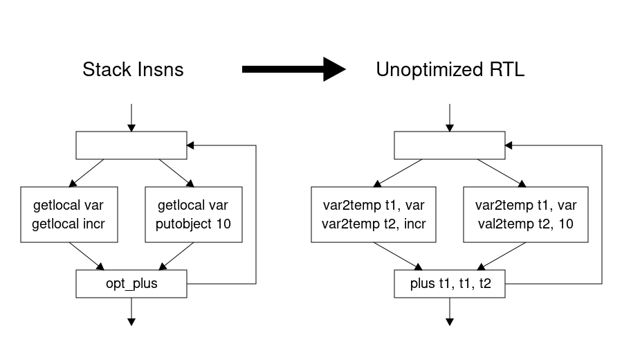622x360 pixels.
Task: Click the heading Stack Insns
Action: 133,69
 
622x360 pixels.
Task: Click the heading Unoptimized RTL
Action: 450,69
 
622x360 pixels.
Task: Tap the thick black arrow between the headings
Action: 293,69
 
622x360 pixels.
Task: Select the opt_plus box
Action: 131,284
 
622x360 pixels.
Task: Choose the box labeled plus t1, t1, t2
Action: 450,284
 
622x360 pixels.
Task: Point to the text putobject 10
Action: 194,224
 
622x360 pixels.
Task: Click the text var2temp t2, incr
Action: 374,224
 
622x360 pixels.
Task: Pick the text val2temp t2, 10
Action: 526,224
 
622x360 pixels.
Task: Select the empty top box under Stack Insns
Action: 131,145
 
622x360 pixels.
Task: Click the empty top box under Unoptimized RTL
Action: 450,145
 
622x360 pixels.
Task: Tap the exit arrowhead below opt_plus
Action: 131,321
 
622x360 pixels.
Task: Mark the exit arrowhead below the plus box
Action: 450,321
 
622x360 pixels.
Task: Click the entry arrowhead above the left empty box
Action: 131,127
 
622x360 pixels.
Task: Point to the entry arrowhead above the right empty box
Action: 450,127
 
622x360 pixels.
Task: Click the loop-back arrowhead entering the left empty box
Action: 192,145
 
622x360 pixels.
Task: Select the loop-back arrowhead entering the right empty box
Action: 510,145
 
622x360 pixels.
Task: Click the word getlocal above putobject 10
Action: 176,206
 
